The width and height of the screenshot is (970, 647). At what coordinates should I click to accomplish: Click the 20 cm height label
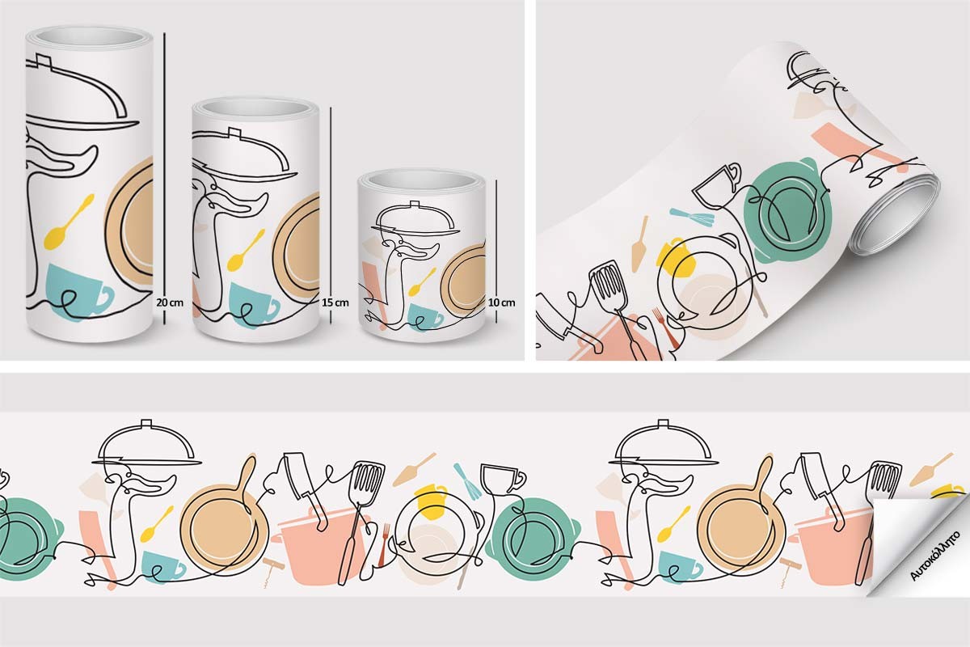[170, 302]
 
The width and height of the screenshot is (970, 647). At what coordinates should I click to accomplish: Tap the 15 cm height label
[335, 302]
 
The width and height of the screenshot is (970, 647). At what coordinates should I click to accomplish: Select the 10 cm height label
[502, 302]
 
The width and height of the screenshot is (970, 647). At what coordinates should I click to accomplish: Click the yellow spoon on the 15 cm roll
[246, 251]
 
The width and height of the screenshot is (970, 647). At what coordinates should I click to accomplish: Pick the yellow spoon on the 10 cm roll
[422, 281]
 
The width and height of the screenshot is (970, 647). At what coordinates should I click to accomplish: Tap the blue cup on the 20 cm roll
[78, 289]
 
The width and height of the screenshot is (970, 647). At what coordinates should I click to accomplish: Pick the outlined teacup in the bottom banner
[502, 480]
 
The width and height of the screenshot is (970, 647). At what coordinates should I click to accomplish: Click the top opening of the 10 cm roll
[423, 179]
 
